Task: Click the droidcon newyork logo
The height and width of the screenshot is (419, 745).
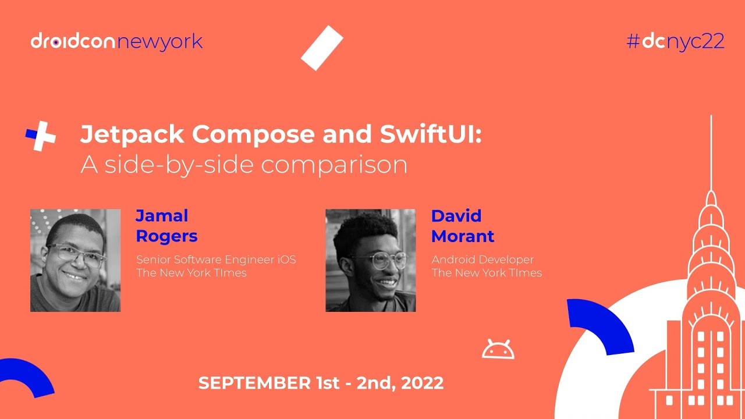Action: pyautogui.click(x=116, y=42)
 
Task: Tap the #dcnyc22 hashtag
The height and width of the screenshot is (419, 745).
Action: pyautogui.click(x=675, y=41)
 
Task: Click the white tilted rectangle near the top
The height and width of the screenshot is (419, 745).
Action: pyautogui.click(x=322, y=48)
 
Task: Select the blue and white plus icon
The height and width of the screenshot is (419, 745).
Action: pyautogui.click(x=41, y=136)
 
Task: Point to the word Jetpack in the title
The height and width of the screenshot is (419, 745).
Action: pyautogui.click(x=132, y=135)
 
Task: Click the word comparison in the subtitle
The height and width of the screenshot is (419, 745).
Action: pyautogui.click(x=334, y=165)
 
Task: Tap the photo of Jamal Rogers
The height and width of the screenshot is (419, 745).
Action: pyautogui.click(x=75, y=260)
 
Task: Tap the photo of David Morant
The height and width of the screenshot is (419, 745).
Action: pyautogui.click(x=370, y=260)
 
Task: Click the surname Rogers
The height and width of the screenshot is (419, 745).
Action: pyautogui.click(x=166, y=236)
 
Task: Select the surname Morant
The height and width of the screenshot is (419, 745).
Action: pyautogui.click(x=463, y=236)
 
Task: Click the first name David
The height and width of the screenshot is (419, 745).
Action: pyautogui.click(x=456, y=216)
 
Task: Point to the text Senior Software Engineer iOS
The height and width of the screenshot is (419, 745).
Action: pyautogui.click(x=216, y=260)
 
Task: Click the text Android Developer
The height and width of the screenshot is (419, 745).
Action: pyautogui.click(x=483, y=260)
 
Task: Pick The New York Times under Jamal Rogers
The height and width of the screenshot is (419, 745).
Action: pyautogui.click(x=191, y=273)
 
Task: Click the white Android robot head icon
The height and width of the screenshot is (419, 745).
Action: pyautogui.click(x=498, y=349)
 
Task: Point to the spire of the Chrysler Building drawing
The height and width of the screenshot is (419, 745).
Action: pyautogui.click(x=711, y=151)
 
